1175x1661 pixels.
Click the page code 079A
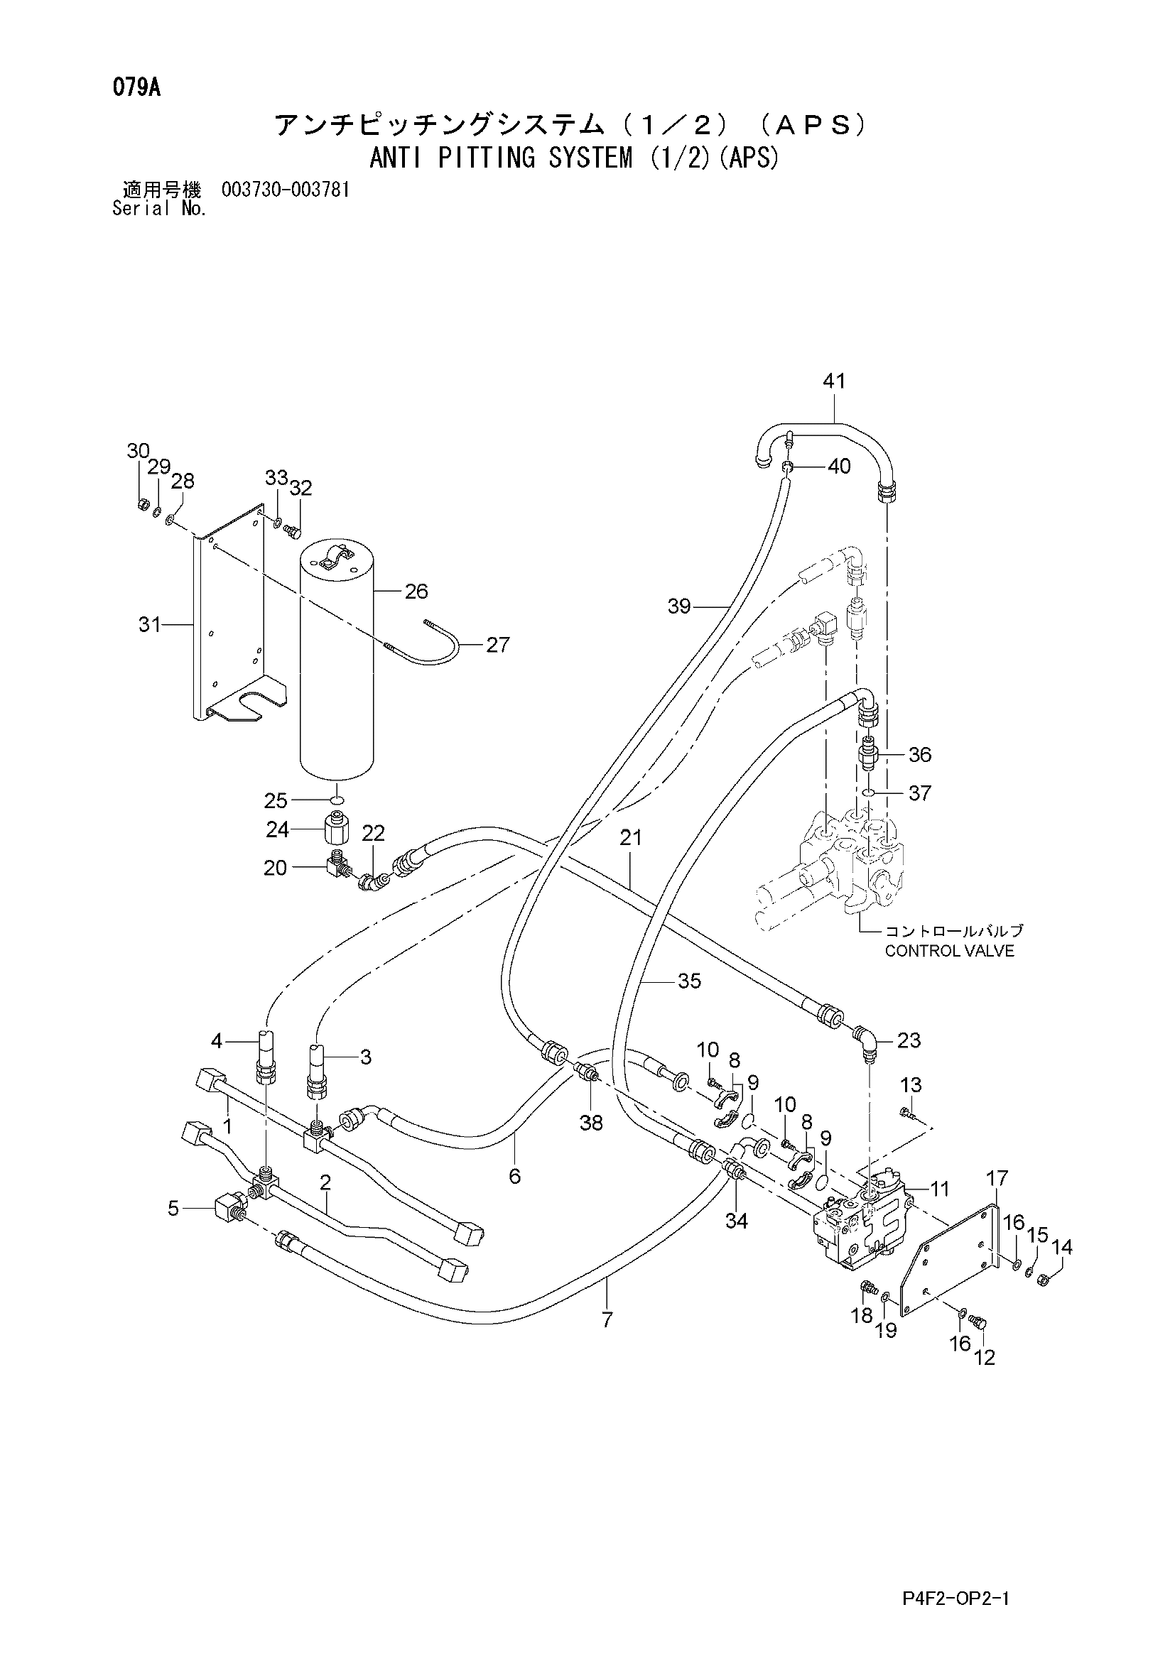(136, 89)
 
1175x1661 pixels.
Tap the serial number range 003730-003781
(286, 190)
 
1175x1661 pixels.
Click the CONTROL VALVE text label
(949, 951)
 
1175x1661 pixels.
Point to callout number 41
(834, 381)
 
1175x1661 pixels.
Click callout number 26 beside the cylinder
(416, 591)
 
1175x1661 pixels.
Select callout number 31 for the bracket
(150, 623)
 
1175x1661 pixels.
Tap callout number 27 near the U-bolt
(498, 644)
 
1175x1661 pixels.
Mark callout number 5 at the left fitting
(173, 1207)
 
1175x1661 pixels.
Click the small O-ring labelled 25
(337, 800)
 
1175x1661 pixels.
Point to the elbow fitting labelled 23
(865, 1042)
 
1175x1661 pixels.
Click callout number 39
(679, 606)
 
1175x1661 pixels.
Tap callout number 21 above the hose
(630, 838)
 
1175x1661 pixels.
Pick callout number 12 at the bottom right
(985, 1358)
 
